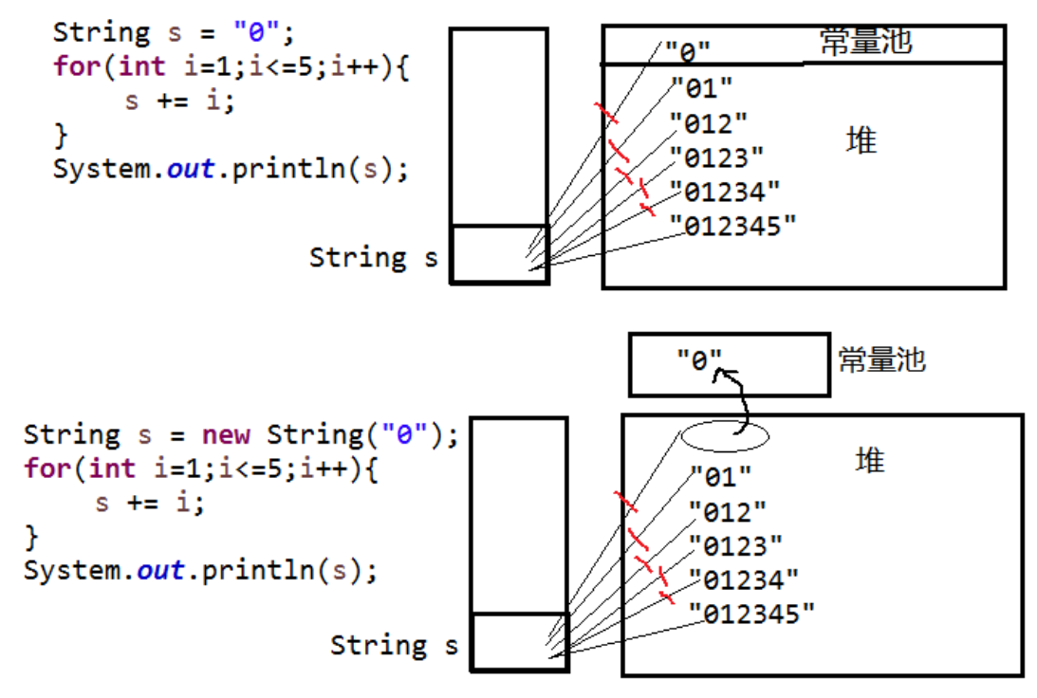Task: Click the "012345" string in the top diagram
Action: [732, 226]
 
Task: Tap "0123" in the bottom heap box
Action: [735, 546]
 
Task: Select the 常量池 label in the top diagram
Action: [865, 42]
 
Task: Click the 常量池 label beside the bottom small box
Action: [882, 360]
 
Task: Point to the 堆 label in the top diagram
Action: [861, 140]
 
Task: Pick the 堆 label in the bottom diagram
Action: [870, 460]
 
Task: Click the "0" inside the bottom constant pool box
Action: [699, 360]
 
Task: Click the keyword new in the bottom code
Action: [226, 435]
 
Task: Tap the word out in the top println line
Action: [191, 169]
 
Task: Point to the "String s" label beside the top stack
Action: [374, 257]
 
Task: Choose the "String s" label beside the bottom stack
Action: [394, 645]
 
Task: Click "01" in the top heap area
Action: [702, 88]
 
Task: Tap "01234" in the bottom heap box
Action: [744, 580]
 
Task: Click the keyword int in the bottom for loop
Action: [112, 468]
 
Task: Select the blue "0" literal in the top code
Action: [257, 31]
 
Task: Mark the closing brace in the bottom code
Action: [31, 537]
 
